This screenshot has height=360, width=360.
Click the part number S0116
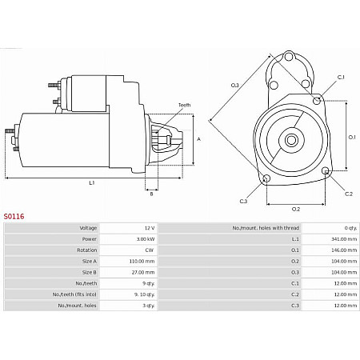click(14, 215)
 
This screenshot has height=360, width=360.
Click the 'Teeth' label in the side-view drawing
click(184, 106)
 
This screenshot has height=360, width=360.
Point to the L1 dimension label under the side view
click(91, 182)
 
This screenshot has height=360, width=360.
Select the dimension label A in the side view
click(198, 139)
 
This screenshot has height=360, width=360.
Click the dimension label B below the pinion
click(150, 193)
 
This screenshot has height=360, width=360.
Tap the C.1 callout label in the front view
click(340, 77)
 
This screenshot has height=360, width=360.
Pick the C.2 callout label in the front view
click(348, 194)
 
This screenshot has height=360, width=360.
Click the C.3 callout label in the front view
click(243, 200)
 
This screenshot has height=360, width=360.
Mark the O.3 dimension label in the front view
click(234, 84)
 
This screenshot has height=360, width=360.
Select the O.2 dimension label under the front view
click(295, 209)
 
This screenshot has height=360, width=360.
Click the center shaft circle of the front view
click(292, 141)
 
